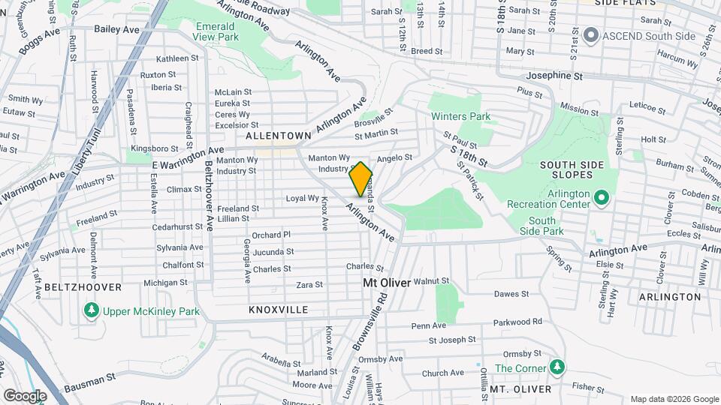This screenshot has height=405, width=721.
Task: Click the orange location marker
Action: point(361,178)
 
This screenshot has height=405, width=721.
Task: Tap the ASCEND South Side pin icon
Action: point(590,34)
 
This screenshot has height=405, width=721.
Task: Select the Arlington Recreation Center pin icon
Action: point(601,197)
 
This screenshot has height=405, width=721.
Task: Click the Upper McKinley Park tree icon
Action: point(91,310)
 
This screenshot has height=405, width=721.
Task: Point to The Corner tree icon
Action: point(557,367)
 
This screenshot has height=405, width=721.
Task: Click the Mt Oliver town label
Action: point(387,283)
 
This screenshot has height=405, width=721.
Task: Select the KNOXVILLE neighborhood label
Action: point(278,309)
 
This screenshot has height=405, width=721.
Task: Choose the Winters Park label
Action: point(460,117)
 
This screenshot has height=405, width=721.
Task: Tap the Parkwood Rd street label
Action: point(517,322)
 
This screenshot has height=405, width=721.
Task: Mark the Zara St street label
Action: point(309,285)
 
